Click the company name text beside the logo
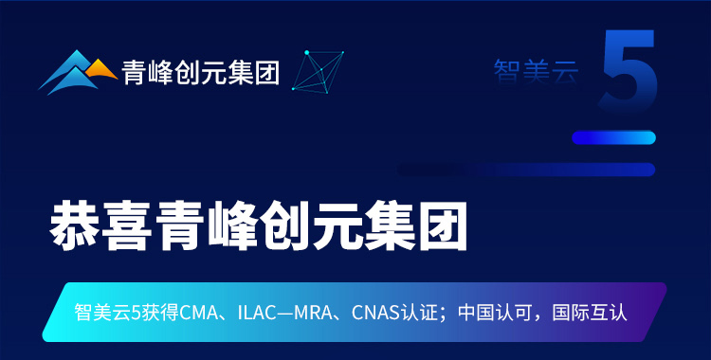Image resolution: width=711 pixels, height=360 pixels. pyautogui.click(x=200, y=72)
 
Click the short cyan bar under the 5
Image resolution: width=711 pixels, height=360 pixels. pyautogui.click(x=613, y=137)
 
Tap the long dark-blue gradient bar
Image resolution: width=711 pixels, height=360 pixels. pyautogui.click(x=531, y=170)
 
